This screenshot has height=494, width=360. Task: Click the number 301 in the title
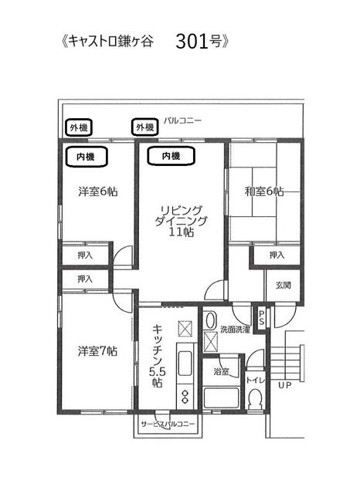click(192, 42)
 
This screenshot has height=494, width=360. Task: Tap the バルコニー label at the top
click(182, 120)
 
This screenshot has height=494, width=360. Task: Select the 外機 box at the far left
click(79, 127)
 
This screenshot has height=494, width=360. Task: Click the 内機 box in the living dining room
click(171, 156)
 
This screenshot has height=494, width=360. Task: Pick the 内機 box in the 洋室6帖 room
click(86, 157)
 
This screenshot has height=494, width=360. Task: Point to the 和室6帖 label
click(264, 191)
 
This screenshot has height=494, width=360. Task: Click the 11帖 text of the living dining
click(182, 232)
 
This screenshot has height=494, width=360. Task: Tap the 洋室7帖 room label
click(97, 351)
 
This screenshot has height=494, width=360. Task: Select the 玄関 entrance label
click(283, 286)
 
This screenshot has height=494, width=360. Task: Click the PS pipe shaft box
click(261, 317)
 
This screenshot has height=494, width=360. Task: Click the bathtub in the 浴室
click(221, 398)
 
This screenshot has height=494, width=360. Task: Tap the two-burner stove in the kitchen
click(184, 396)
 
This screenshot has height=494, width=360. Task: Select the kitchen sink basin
click(185, 363)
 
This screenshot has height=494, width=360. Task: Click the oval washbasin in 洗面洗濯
click(209, 320)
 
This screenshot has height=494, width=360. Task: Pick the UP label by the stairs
click(284, 385)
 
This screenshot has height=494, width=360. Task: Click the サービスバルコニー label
click(168, 424)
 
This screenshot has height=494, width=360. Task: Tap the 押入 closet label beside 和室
click(277, 255)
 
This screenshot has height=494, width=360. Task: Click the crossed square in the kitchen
click(185, 329)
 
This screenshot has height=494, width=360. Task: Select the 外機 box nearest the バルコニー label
click(144, 127)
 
